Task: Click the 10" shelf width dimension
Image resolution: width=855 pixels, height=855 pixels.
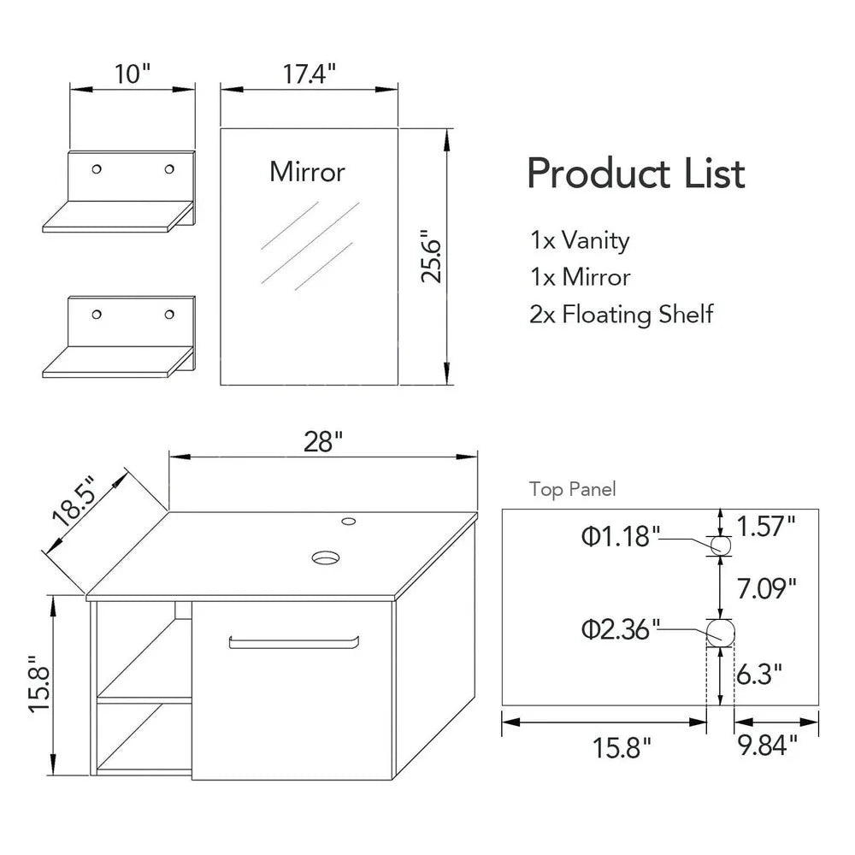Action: click(131, 74)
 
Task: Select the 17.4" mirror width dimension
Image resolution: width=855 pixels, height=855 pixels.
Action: click(309, 74)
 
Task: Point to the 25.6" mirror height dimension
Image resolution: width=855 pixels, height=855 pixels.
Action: click(431, 256)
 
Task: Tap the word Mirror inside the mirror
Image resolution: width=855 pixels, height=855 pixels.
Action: click(308, 172)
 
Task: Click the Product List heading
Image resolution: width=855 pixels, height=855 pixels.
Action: click(635, 174)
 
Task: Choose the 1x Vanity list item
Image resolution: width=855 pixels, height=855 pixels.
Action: click(580, 240)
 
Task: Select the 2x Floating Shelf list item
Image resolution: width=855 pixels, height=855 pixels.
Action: click(621, 314)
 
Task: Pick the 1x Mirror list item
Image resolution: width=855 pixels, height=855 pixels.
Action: click(580, 277)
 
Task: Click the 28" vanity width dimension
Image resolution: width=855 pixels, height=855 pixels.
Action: click(323, 442)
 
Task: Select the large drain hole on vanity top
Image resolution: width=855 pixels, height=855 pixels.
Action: click(325, 558)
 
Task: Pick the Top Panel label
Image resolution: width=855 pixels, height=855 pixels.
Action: click(572, 489)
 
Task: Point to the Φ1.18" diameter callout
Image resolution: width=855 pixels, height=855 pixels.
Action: click(621, 537)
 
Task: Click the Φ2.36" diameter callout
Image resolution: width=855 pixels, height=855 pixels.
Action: click(621, 630)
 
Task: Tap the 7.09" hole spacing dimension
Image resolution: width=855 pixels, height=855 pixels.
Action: click(766, 587)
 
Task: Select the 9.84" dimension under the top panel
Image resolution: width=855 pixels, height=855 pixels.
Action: click(767, 746)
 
